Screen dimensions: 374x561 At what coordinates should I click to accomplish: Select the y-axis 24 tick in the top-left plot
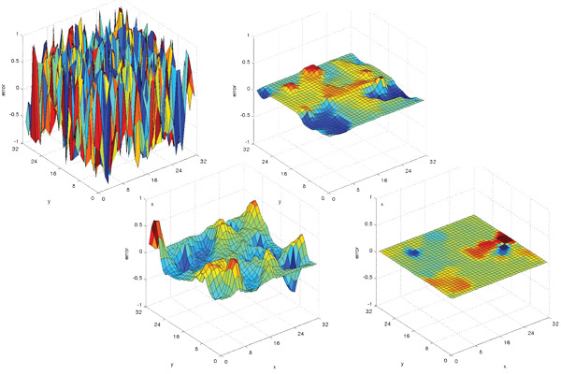point(36,161)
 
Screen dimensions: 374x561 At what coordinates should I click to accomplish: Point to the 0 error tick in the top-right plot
point(249,90)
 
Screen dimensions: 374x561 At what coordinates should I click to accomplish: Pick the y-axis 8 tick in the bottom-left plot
point(194,345)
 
